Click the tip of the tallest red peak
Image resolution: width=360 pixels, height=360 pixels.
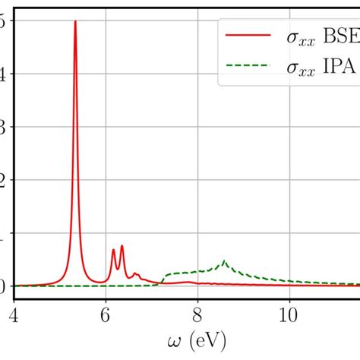(75, 21)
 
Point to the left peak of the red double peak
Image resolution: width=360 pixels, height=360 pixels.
(113, 249)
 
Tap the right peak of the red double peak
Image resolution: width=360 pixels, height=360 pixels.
(122, 245)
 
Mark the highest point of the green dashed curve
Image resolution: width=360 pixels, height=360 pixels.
(224, 261)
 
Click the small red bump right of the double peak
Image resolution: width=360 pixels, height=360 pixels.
(136, 273)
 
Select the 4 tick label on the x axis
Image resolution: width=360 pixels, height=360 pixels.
(14, 312)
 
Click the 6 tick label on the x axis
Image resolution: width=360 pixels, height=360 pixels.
(106, 312)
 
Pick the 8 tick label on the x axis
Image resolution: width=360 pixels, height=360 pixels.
(197, 312)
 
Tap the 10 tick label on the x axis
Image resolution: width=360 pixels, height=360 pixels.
(289, 312)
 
